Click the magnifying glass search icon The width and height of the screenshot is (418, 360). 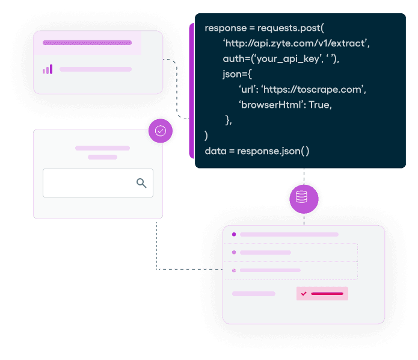(x=141, y=183)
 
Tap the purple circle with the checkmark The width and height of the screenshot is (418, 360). (x=161, y=131)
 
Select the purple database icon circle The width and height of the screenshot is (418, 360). (x=303, y=197)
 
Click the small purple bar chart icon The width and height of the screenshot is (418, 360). (x=48, y=69)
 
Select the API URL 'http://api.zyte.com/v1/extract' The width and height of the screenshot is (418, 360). (x=296, y=43)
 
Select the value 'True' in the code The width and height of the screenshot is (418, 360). (x=321, y=104)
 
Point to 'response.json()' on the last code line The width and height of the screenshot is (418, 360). (x=273, y=151)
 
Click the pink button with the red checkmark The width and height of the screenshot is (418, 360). (x=322, y=293)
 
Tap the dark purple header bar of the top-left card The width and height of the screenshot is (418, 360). (x=88, y=43)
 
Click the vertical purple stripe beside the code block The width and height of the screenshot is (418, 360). (x=191, y=90)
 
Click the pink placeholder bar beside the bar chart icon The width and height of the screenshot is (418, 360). (x=95, y=69)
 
